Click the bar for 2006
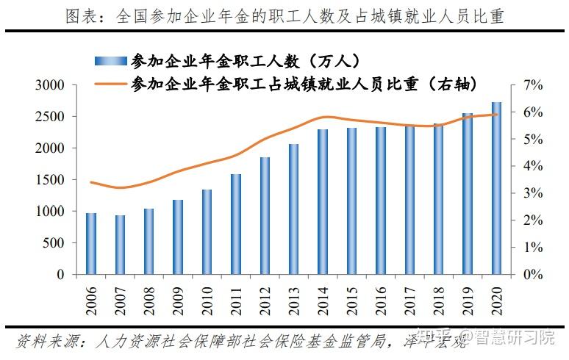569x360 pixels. (91, 243)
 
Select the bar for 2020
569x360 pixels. (497, 188)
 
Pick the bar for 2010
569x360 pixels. (207, 231)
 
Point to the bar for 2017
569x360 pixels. (410, 200)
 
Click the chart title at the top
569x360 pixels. (284, 16)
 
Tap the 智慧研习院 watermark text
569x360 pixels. (515, 339)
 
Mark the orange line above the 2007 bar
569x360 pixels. (121, 187)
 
